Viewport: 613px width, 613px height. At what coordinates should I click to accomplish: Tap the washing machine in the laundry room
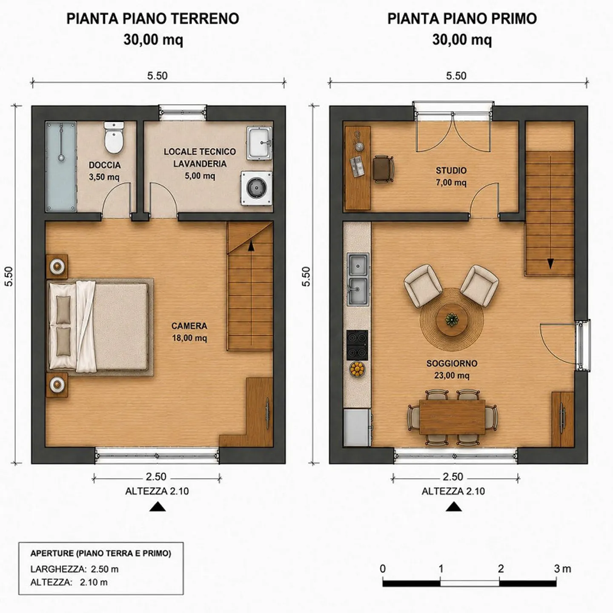(x=256, y=188)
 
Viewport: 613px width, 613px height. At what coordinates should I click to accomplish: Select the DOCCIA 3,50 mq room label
(x=104, y=171)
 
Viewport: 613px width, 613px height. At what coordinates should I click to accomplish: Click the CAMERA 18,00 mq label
(x=189, y=332)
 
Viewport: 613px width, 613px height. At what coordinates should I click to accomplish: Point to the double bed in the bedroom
(x=99, y=327)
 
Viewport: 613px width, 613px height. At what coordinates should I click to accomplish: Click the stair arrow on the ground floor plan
(x=251, y=292)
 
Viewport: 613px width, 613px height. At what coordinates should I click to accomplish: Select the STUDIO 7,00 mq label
(x=451, y=177)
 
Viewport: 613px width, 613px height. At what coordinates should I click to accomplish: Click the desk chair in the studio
(x=383, y=169)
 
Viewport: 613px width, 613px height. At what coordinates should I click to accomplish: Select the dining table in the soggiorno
(x=453, y=417)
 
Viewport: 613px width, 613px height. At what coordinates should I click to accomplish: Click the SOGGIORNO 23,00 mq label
(x=452, y=370)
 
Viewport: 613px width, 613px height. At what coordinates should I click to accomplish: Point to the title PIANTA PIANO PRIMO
(x=462, y=19)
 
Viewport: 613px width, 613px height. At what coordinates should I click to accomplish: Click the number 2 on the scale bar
(x=501, y=569)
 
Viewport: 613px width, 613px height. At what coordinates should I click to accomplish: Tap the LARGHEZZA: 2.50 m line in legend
(x=74, y=569)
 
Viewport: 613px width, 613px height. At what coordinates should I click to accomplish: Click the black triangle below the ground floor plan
(x=158, y=507)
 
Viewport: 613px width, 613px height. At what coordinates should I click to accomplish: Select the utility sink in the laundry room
(x=259, y=143)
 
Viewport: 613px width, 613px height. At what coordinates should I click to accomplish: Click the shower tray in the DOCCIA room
(x=61, y=166)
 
